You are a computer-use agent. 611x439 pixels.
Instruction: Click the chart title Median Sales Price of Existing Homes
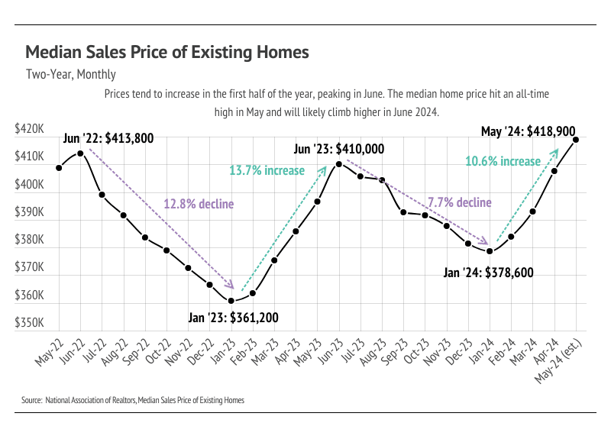(x=167, y=52)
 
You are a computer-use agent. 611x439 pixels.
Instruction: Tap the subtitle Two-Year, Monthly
(x=70, y=74)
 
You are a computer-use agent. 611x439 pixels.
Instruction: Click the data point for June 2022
(x=80, y=153)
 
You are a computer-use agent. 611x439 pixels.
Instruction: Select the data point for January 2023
(x=231, y=300)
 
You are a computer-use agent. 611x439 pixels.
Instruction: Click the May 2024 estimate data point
(x=575, y=140)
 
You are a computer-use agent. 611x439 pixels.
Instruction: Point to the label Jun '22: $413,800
(x=109, y=138)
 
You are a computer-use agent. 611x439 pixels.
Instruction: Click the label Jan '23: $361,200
(x=233, y=317)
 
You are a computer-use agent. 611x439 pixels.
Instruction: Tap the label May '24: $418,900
(x=528, y=131)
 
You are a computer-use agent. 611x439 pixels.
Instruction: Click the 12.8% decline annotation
(x=199, y=203)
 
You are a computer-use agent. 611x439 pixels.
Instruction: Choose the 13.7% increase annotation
(x=267, y=169)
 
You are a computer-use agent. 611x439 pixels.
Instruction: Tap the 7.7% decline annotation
(x=459, y=202)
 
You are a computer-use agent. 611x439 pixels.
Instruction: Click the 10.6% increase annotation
(x=503, y=161)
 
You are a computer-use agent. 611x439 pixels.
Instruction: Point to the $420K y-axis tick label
(x=29, y=130)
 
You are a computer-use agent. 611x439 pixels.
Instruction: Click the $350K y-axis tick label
(x=29, y=323)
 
